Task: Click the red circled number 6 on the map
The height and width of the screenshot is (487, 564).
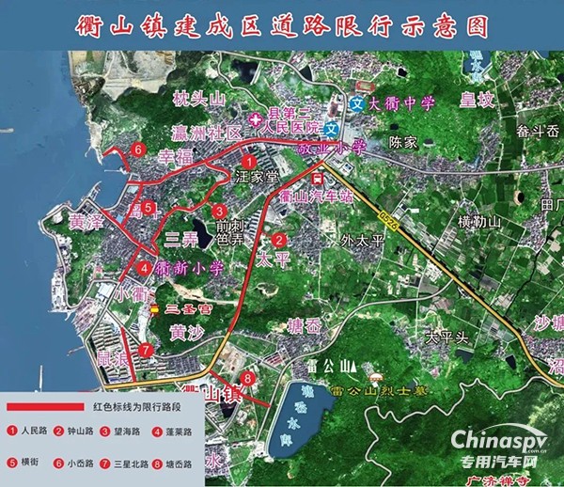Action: pos(138,149)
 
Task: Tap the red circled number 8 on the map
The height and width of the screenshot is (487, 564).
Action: pos(247,378)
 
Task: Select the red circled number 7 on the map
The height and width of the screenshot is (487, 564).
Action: pos(146,350)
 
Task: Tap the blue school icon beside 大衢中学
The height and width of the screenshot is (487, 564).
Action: pos(357,102)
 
